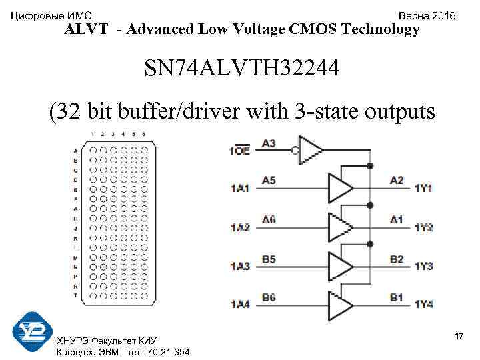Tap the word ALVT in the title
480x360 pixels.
pyautogui.click(x=89, y=29)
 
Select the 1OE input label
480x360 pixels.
pyautogui.click(x=240, y=151)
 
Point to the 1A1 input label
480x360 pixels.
pyautogui.click(x=240, y=189)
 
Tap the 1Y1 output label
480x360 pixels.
pyautogui.click(x=423, y=189)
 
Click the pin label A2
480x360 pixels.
pyautogui.click(x=397, y=181)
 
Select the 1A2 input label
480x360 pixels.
pyautogui.click(x=240, y=228)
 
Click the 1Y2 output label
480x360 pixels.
pyautogui.click(x=423, y=228)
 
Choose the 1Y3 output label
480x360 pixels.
pyautogui.click(x=423, y=267)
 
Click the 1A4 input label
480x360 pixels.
pyautogui.click(x=240, y=305)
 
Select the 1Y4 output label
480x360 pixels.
pyautogui.click(x=423, y=305)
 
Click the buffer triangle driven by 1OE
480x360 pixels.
pyautogui.click(x=311, y=149)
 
